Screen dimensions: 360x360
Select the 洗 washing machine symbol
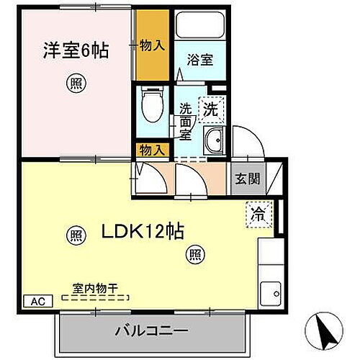coord(210,110)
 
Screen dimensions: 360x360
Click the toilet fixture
coord(152,106)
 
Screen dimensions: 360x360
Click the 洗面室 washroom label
coord(186,121)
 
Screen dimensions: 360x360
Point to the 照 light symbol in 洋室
coord(75,84)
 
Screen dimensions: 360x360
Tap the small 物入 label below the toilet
coord(152,150)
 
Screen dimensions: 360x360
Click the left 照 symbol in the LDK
coord(75,234)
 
